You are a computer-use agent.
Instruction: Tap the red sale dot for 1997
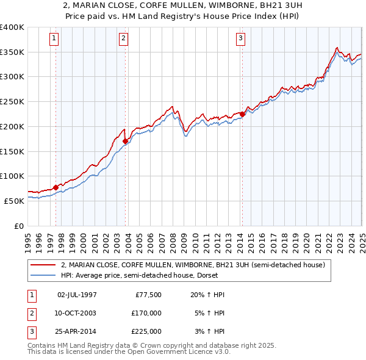(56, 187)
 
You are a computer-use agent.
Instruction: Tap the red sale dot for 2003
(126, 141)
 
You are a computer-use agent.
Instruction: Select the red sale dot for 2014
(242, 114)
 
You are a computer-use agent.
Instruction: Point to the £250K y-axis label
(12, 102)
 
